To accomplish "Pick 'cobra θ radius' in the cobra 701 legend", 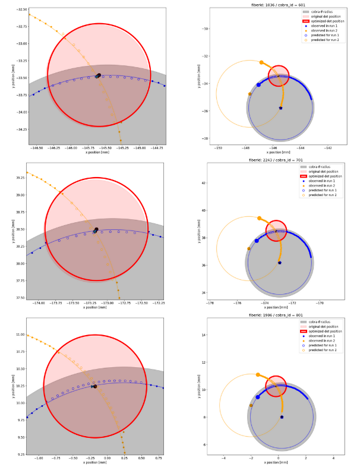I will click(x=321, y=168).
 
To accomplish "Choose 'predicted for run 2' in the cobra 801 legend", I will click(x=321, y=349).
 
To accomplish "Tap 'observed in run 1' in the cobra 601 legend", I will click(x=321, y=26).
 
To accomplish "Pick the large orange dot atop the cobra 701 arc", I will click(x=260, y=218).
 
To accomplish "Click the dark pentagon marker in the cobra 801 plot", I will click(x=282, y=417).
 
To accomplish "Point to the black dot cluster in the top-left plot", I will click(x=98, y=75).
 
